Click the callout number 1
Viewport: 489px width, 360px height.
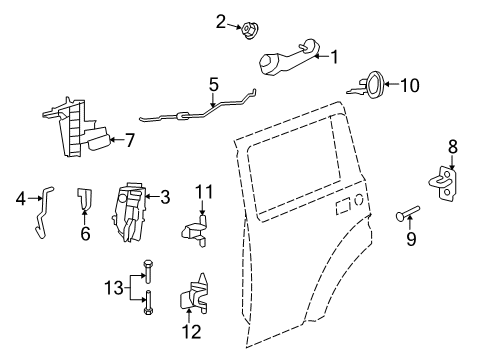335,57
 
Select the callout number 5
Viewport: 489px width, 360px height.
214,85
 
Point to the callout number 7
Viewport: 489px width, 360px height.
129,140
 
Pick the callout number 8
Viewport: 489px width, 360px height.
452,147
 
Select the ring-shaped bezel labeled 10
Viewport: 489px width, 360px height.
371,86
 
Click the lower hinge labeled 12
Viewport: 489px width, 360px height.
193,296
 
